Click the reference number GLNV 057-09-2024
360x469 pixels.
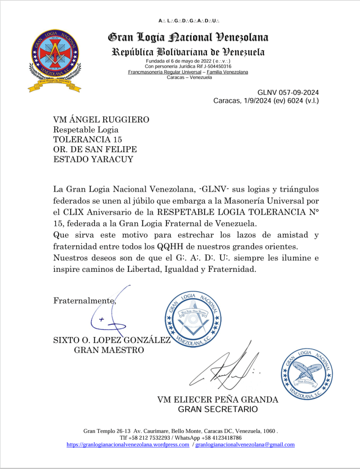[x=288, y=92]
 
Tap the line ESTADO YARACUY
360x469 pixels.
[x=90, y=160]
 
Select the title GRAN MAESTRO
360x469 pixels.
[x=109, y=351]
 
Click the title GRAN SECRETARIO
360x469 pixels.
[x=217, y=409]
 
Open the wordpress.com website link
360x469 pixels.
[x=128, y=445]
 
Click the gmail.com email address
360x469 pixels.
[x=245, y=445]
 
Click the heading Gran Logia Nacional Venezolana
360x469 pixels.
[x=188, y=37]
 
